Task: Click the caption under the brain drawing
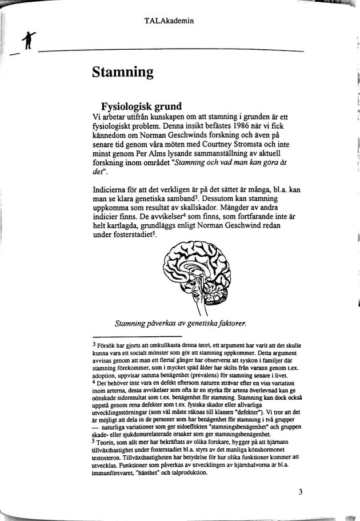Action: point(180,324)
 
